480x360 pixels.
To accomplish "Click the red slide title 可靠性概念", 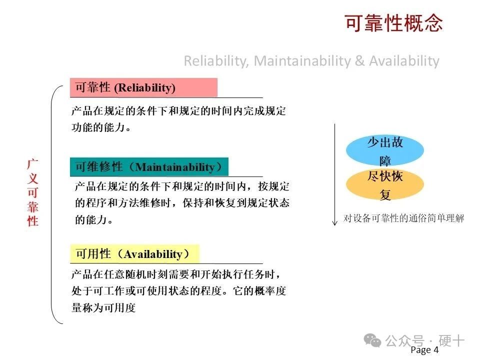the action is click(x=394, y=23).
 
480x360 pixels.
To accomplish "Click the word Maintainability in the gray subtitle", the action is click(x=302, y=60).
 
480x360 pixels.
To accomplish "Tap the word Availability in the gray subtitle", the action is click(x=404, y=60).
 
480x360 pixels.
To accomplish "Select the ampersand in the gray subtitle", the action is click(x=360, y=60).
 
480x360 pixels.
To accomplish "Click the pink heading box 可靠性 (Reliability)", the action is click(x=143, y=87).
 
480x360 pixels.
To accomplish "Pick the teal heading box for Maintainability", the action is click(x=149, y=167).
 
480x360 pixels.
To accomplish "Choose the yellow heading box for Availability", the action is click(x=134, y=254).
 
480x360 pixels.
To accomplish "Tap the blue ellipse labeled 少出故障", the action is click(x=385, y=150).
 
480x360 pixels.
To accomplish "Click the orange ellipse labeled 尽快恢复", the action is click(x=385, y=184).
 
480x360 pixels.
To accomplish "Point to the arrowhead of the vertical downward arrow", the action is click(x=335, y=224).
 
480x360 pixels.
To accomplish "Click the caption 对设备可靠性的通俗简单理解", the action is click(x=403, y=218).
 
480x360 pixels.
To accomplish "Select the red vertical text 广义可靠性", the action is click(x=33, y=192).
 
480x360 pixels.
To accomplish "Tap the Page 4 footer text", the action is click(x=424, y=349).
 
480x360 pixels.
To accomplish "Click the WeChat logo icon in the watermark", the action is click(x=372, y=340).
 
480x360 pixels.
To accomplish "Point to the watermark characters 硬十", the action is click(x=451, y=340).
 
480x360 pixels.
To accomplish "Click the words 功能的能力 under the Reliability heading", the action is click(x=98, y=127).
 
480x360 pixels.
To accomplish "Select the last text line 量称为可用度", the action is click(x=103, y=307).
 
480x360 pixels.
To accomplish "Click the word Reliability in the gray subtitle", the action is click(x=216, y=60).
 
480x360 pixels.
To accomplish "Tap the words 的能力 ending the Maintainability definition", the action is click(x=91, y=219).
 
